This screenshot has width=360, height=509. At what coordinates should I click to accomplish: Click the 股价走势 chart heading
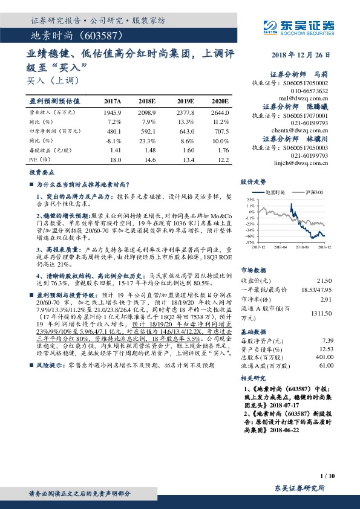[x=254, y=181]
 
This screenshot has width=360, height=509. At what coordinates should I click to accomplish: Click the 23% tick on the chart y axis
[x=250, y=199]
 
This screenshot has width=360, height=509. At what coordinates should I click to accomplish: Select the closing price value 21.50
[x=325, y=281]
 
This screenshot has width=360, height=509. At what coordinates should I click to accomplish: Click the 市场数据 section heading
[x=254, y=270]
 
